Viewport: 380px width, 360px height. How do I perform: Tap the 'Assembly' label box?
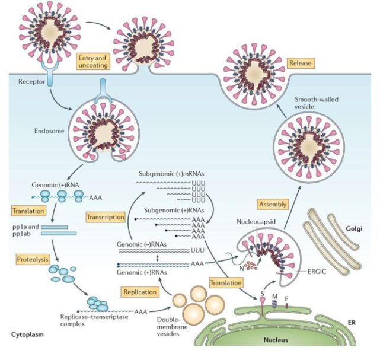point(273,204)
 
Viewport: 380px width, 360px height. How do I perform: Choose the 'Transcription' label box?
point(105,216)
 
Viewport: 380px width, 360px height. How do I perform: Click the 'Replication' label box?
point(139,291)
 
